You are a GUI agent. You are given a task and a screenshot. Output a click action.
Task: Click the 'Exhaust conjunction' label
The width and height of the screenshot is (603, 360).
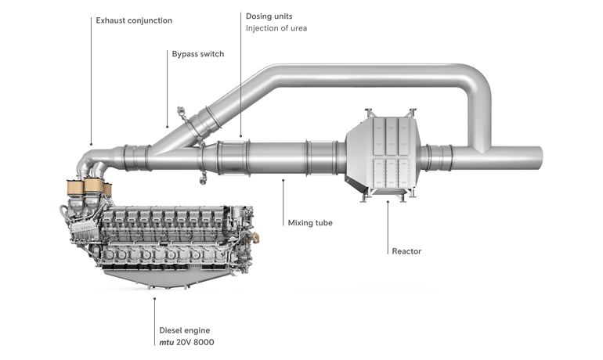pyautogui.click(x=134, y=20)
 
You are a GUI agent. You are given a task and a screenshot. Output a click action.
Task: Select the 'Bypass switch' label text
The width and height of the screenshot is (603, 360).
pyautogui.click(x=197, y=54)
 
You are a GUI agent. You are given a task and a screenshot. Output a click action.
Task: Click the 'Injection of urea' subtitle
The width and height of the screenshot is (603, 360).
pyautogui.click(x=276, y=29)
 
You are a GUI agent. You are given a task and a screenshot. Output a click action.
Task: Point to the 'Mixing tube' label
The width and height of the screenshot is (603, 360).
pyautogui.click(x=310, y=223)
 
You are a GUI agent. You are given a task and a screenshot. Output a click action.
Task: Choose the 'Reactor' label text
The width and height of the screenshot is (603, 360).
pyautogui.click(x=406, y=251)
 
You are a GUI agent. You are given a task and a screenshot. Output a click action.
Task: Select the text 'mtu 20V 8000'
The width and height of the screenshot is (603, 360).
pyautogui.click(x=186, y=343)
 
